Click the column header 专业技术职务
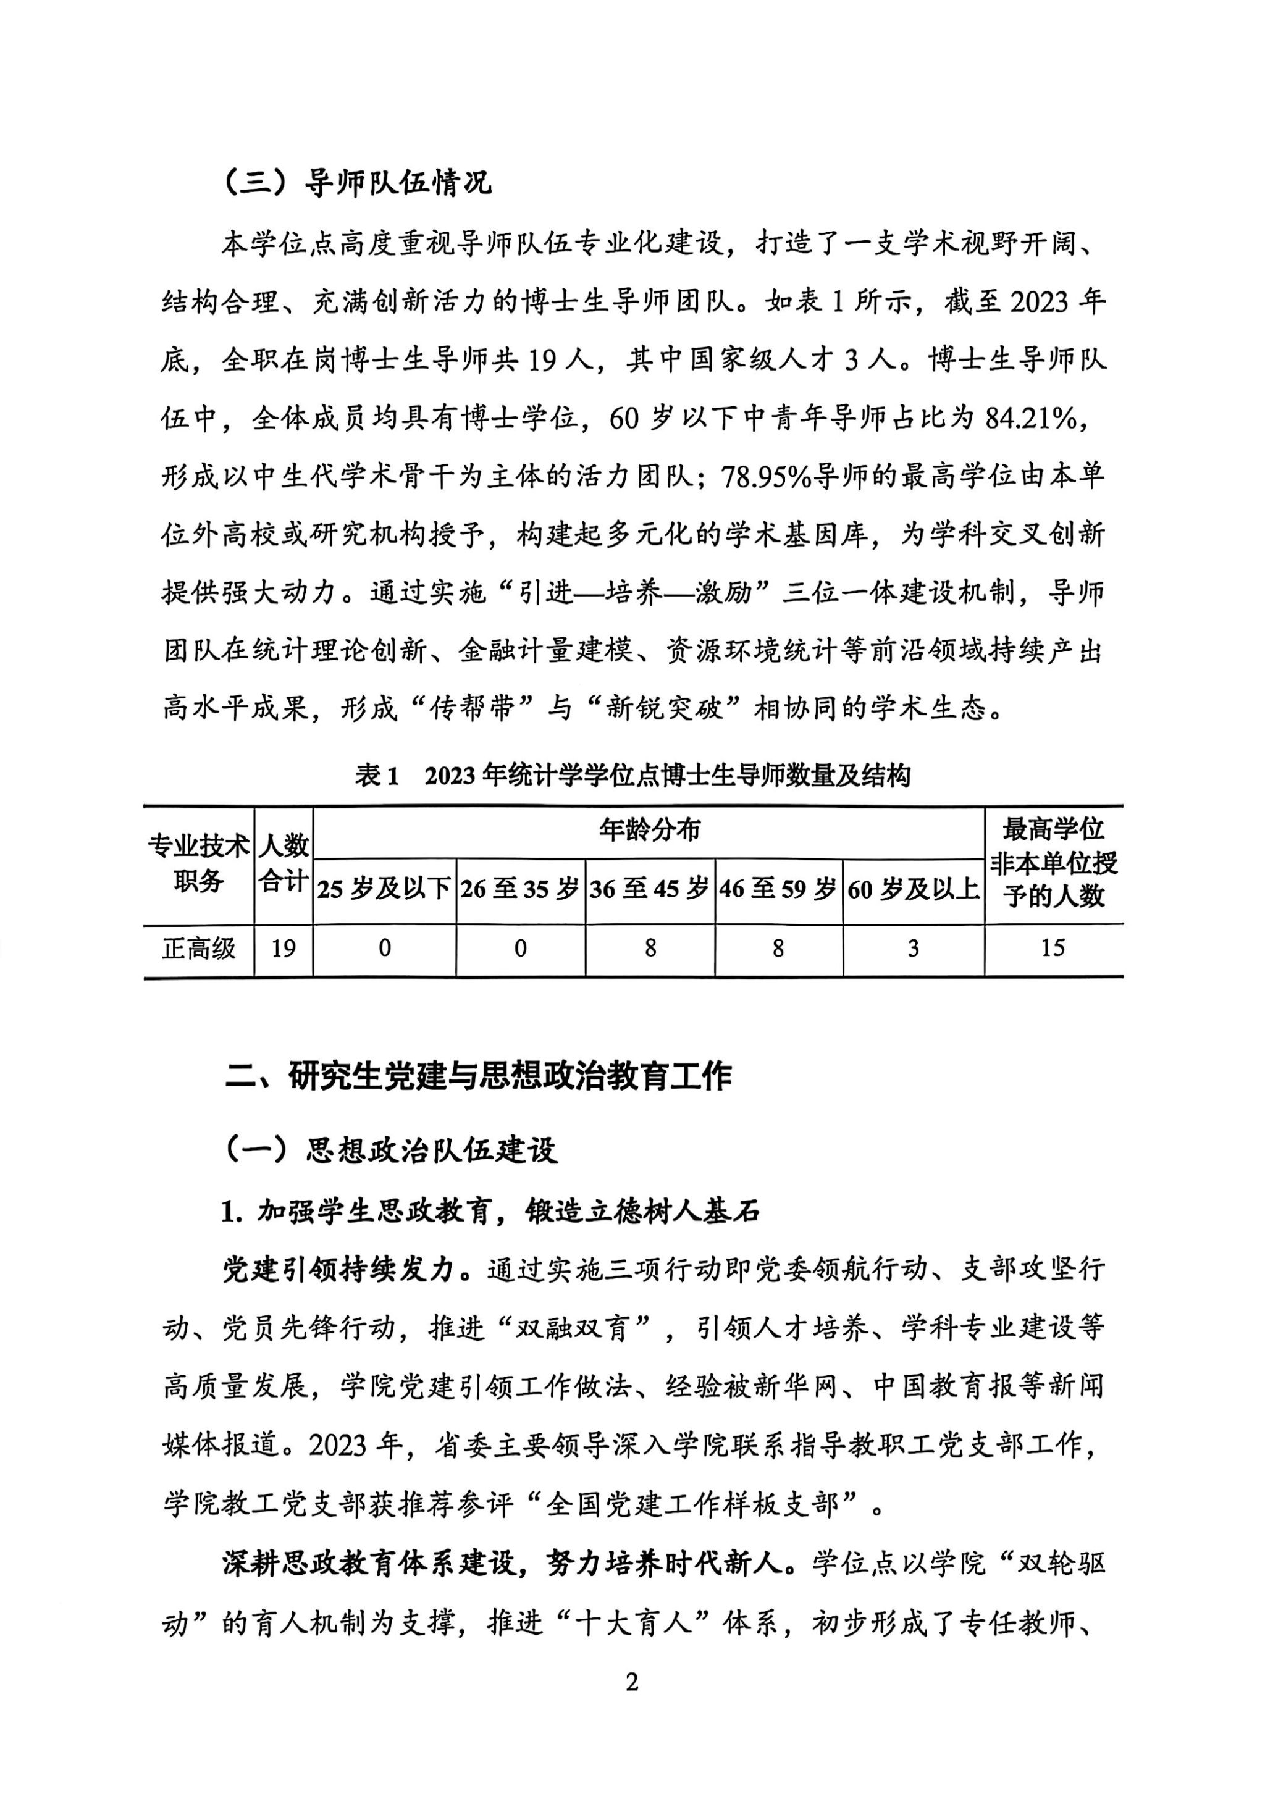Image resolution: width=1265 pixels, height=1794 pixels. (198, 863)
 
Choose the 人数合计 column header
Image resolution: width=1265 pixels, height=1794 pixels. (283, 863)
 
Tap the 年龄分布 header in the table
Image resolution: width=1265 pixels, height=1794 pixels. (649, 830)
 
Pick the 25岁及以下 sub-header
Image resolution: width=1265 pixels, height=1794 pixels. (384, 889)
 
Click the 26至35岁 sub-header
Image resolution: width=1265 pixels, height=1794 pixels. (519, 889)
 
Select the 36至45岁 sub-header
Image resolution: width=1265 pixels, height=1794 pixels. (649, 889)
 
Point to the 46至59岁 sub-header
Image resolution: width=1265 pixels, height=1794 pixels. (778, 889)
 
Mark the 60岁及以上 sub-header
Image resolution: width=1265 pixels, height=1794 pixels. (914, 889)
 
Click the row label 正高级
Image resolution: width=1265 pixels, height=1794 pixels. (198, 949)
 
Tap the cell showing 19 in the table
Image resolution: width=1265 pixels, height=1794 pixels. (283, 949)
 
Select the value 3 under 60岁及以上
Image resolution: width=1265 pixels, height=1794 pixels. (914, 949)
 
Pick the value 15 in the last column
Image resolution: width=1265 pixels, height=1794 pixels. (1053, 949)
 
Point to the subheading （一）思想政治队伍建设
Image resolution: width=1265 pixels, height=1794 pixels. (390, 1149)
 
